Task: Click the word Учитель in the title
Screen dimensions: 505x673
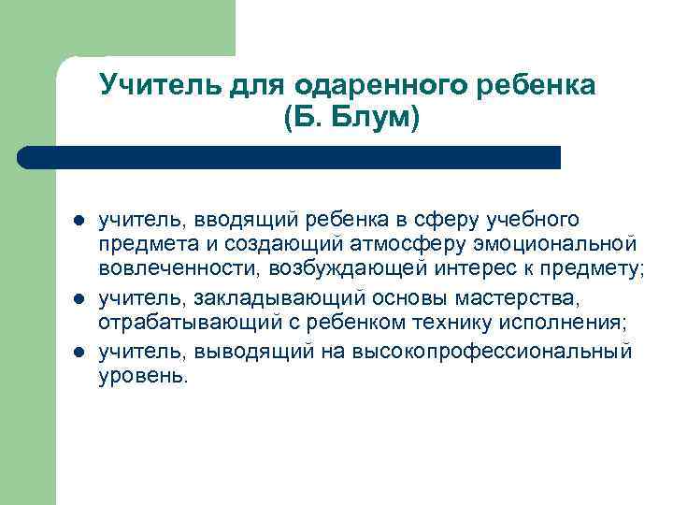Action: click(x=150, y=86)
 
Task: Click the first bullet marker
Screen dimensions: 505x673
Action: click(x=79, y=222)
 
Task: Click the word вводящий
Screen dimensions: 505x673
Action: click(x=246, y=220)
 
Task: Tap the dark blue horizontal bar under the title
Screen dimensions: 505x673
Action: click(x=290, y=156)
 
